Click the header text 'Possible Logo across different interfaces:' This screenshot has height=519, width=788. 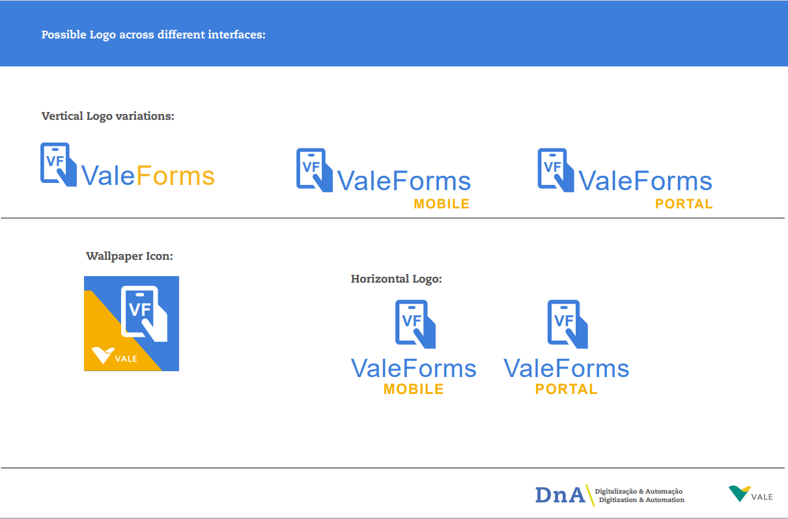coord(154,35)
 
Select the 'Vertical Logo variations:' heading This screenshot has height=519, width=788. coord(107,116)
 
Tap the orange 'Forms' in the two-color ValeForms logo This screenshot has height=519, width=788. coord(175,176)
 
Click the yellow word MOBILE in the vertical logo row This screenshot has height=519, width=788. coord(442,204)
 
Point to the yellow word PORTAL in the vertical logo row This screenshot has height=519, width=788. coord(684,204)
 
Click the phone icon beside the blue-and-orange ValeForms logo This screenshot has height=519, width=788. coord(59,164)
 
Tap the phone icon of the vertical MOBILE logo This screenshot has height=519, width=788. coord(314,170)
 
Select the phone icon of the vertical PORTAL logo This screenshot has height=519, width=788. coord(556,170)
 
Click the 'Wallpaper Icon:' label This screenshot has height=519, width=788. coord(130,256)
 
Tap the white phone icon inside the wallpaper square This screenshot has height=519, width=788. coord(144,313)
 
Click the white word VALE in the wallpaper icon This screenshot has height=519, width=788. coord(126,359)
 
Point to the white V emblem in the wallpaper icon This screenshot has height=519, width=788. coord(103,356)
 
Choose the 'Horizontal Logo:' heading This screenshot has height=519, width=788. coord(397,279)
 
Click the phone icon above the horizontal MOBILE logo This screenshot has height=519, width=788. coord(415,324)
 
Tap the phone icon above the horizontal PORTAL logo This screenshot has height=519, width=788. coord(567,324)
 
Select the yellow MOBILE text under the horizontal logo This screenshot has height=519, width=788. coord(414,389)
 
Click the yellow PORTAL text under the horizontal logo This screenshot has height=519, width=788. coord(567,389)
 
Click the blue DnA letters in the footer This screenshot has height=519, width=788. coord(559,495)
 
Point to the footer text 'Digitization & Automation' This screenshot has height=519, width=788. coord(641,500)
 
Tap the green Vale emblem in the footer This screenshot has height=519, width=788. coord(739,493)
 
